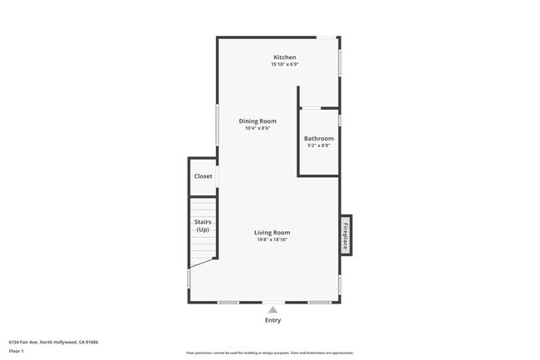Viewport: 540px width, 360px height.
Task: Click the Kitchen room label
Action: click(x=285, y=57)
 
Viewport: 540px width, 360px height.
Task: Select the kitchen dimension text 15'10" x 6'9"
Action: click(x=285, y=64)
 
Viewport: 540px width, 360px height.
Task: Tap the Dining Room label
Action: click(x=258, y=121)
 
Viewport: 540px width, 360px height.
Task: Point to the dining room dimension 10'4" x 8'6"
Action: click(x=258, y=128)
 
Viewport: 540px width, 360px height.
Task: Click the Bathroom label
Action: click(x=319, y=138)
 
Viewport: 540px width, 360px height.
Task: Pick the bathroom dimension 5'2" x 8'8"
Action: click(x=319, y=145)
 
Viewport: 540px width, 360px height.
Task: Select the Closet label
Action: click(x=203, y=176)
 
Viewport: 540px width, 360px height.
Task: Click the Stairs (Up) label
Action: click(x=203, y=225)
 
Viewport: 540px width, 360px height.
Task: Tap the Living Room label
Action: click(x=272, y=233)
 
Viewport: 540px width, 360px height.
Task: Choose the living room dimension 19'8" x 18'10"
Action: click(x=272, y=239)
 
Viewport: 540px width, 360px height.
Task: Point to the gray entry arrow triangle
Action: click(x=272, y=309)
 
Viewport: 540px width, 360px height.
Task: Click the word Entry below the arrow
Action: click(x=272, y=320)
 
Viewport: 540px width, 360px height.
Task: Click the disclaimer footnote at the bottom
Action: click(x=270, y=353)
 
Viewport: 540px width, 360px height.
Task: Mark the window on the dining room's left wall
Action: click(x=218, y=126)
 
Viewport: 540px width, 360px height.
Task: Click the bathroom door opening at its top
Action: click(x=311, y=108)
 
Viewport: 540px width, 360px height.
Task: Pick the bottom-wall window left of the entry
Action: click(x=228, y=303)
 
